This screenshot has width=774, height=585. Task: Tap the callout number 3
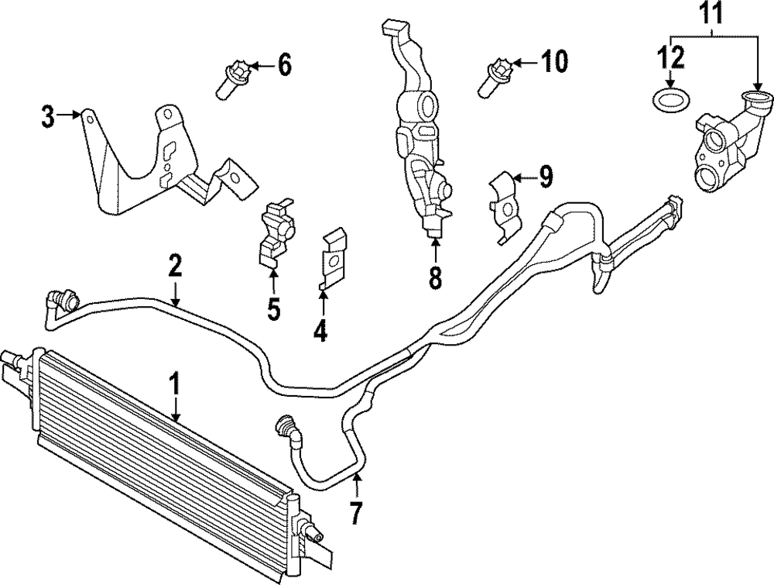48,119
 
